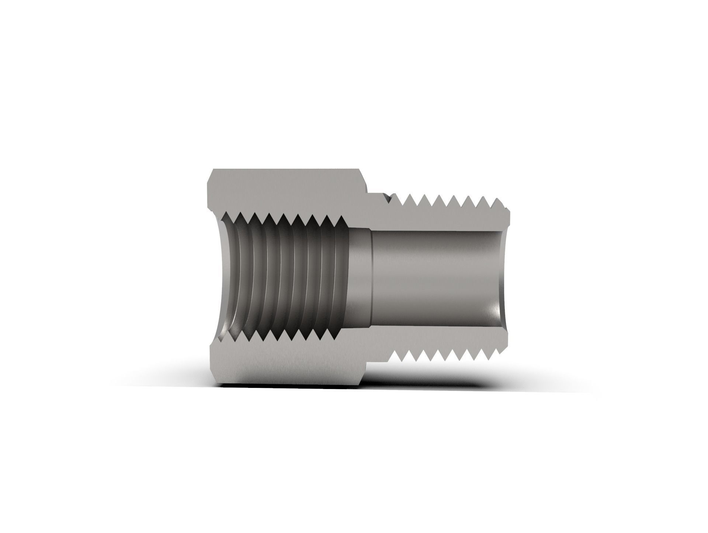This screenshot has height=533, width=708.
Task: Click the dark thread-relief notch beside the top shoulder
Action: (x=388, y=199)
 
